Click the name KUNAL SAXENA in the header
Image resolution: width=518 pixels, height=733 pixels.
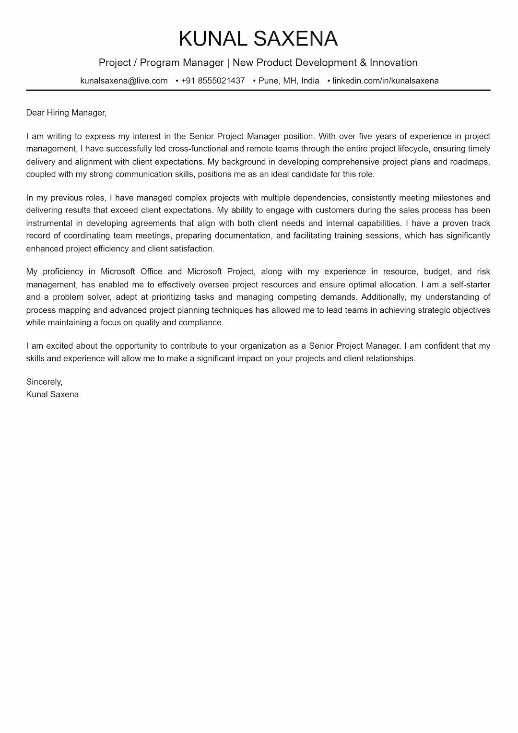258,39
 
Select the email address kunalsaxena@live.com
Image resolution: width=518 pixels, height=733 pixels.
124,81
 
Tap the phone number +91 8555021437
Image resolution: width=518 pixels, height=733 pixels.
213,81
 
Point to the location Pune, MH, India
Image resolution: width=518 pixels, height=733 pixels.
289,81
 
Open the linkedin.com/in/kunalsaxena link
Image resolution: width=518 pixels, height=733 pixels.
386,81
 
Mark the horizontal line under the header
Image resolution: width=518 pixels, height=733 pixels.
258,90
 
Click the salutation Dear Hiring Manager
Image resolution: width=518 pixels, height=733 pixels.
66,113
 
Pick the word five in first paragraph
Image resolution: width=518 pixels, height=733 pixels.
365,136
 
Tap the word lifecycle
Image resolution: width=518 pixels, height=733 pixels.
413,149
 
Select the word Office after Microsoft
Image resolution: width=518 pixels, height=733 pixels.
151,272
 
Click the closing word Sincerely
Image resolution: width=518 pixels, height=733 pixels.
44,382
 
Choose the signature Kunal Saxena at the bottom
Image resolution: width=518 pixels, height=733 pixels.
52,394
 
